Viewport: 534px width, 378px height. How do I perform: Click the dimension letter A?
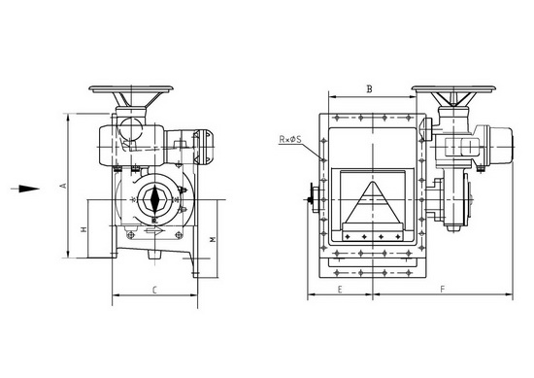[x=63, y=186]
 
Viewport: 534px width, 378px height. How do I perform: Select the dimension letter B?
[x=370, y=89]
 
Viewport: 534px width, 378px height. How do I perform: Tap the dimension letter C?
[x=154, y=291]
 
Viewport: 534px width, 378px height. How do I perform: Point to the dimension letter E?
[x=340, y=290]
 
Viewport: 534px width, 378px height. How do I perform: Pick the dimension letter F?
[x=443, y=290]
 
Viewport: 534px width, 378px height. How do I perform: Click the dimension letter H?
[x=83, y=229]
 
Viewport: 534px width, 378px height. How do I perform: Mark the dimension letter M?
[x=213, y=240]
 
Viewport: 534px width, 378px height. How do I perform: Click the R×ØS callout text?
[x=290, y=139]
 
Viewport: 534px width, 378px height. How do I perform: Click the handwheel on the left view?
[x=131, y=89]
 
